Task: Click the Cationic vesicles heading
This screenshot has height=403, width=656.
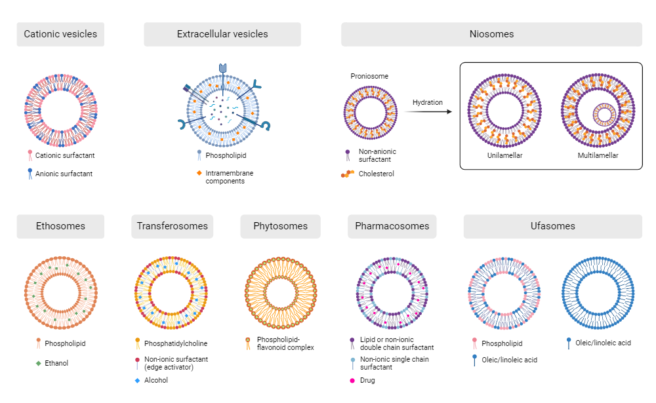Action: (x=60, y=34)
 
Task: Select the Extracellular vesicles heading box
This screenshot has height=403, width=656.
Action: (x=222, y=34)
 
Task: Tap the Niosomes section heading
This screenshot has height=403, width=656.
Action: (x=491, y=34)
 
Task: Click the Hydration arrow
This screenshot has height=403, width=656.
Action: (x=428, y=112)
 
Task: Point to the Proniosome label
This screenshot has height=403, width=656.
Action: (x=369, y=76)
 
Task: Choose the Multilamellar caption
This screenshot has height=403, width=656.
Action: (x=598, y=155)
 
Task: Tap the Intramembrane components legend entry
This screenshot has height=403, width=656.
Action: (x=229, y=177)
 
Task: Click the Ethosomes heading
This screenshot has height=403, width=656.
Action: (x=60, y=226)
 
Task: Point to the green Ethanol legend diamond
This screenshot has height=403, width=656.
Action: (x=39, y=362)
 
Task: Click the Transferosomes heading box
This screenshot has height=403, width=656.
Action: (x=172, y=226)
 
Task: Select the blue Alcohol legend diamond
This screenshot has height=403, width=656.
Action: (x=137, y=380)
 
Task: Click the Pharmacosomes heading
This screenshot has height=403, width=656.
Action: (x=392, y=226)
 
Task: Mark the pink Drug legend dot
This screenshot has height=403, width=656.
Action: (x=352, y=380)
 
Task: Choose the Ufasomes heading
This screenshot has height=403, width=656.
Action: (x=552, y=226)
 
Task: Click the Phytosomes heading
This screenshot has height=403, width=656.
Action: (x=280, y=226)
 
